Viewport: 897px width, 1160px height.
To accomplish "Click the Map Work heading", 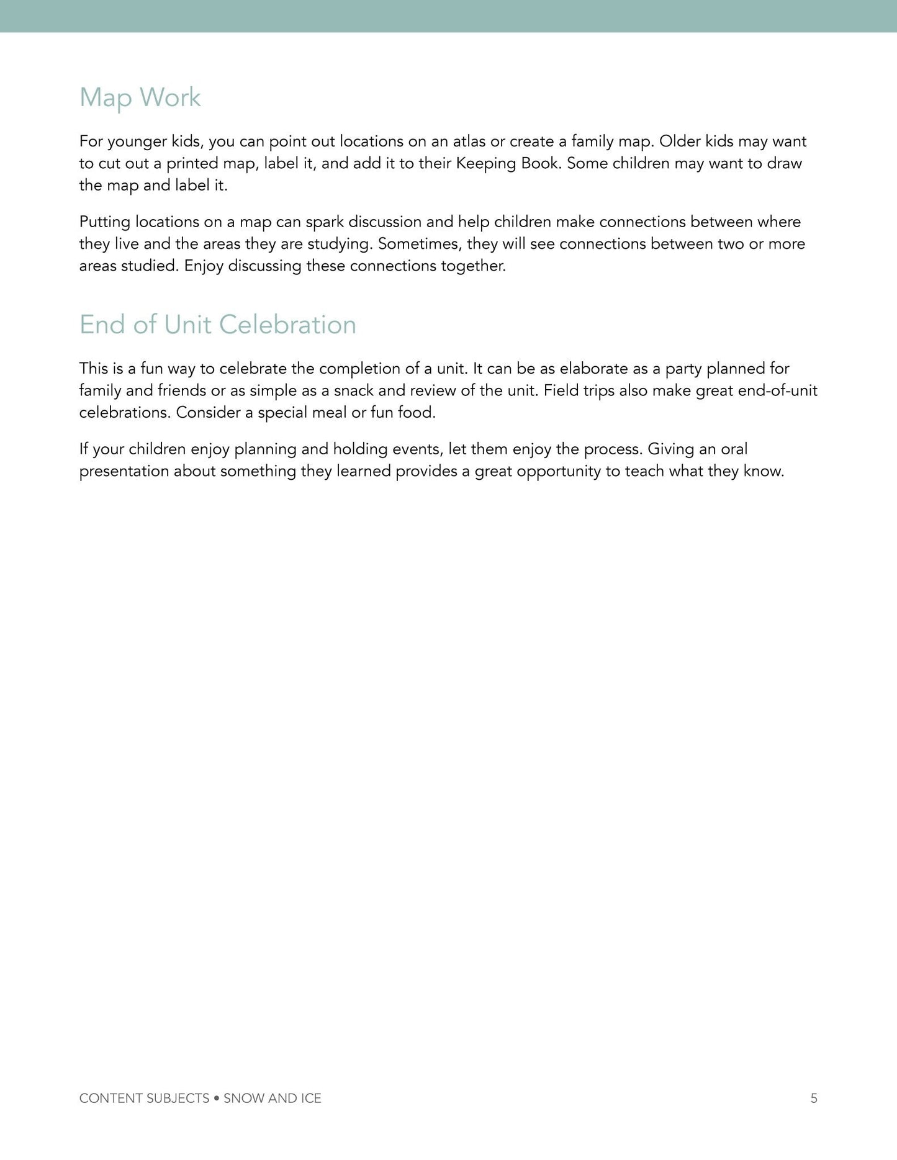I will coord(140,97).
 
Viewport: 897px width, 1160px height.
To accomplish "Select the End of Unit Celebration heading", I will coord(218,325).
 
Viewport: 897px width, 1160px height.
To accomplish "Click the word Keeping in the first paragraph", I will coord(484,164).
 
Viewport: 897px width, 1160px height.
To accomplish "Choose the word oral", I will coord(734,449).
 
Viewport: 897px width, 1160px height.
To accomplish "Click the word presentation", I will coord(124,472).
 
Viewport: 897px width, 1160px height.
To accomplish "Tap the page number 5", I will coord(814,1099).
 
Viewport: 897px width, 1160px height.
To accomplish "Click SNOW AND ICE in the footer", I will coord(273,1099).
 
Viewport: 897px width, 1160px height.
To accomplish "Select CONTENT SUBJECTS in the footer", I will coord(144,1099).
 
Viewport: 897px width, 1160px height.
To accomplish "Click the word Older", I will coord(679,142).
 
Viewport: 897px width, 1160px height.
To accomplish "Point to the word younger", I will coord(137,142).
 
